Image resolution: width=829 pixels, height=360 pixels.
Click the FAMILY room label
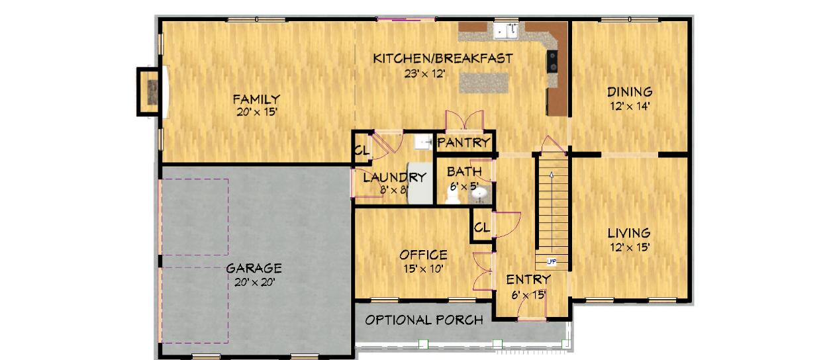[x=256, y=99]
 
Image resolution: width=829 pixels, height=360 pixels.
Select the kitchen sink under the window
[x=507, y=30]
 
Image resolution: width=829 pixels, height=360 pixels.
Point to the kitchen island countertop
[x=484, y=83]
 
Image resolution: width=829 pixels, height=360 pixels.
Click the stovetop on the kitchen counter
[x=552, y=62]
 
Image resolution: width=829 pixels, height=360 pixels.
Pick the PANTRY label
[x=463, y=142]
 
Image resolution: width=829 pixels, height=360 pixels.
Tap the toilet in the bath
[x=452, y=195]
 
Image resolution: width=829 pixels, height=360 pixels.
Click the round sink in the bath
[x=479, y=193]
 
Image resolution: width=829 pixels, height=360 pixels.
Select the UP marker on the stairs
[x=552, y=262]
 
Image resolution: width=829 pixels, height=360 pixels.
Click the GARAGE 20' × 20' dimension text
[x=255, y=283]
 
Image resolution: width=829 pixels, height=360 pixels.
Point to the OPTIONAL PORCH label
[x=424, y=320]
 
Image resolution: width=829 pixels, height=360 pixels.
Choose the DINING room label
[x=630, y=92]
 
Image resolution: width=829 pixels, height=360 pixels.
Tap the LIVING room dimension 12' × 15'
[x=630, y=247]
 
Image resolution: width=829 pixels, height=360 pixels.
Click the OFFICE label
[x=423, y=255]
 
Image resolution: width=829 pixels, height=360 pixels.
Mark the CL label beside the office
[x=482, y=227]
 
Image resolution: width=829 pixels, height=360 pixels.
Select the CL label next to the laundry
[x=362, y=151]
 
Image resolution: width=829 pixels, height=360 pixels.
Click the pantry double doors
[x=464, y=120]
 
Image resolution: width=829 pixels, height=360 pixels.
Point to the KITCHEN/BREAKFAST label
[x=443, y=58]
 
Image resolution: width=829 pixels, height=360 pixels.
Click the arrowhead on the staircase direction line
[x=552, y=175]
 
